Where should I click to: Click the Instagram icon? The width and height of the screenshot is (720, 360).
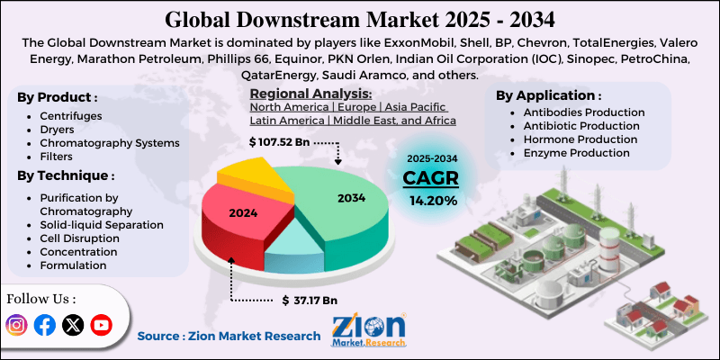click(16, 325)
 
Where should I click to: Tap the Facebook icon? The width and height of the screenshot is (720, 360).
click(44, 325)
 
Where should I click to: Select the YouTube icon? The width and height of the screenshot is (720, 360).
click(101, 325)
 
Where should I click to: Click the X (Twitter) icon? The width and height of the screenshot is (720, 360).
click(72, 325)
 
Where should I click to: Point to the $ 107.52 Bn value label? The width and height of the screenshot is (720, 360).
click(280, 142)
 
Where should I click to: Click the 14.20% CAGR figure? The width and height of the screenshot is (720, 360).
click(433, 200)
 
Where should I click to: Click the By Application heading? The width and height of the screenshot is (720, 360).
click(549, 94)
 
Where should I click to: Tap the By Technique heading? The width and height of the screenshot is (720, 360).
click(66, 175)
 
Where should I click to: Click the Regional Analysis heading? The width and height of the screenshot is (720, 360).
click(310, 94)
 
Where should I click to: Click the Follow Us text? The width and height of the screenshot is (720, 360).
click(41, 299)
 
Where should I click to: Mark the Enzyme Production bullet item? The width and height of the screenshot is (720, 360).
click(576, 153)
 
